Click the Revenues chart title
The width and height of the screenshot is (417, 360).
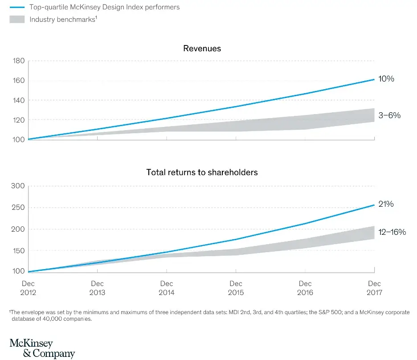coord(202,49)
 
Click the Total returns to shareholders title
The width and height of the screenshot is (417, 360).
coord(202,172)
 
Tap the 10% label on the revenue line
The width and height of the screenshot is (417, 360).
coord(387,79)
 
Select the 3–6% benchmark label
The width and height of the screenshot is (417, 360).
coord(389,115)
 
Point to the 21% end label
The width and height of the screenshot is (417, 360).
coord(386,204)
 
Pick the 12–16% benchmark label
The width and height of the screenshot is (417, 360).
coord(392,232)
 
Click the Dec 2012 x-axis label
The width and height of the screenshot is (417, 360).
coord(28,288)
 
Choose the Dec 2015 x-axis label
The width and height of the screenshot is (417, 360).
coord(236,288)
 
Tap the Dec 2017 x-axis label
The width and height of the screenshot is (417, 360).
coord(374,288)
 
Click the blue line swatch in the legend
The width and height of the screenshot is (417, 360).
coord(16,8)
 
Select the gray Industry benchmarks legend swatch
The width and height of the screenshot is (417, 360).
coord(16,20)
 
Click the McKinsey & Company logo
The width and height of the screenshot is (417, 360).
coord(42,348)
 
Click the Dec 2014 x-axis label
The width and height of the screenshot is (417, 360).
coord(167,288)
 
